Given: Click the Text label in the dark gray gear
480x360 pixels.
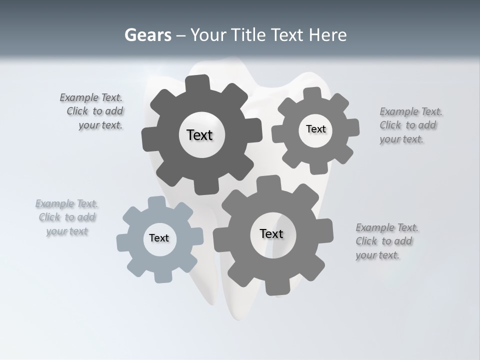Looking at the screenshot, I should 199,135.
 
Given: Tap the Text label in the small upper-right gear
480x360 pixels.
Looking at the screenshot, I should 315,129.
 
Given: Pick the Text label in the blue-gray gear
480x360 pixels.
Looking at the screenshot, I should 159,238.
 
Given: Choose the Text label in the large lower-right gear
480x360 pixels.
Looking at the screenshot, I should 271,233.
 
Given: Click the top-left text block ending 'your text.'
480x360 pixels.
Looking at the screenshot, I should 91,111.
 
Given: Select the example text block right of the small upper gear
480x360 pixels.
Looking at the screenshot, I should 411,125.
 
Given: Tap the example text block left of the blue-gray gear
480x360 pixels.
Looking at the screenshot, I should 66,217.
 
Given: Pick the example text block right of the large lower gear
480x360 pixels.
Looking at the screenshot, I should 387,241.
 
